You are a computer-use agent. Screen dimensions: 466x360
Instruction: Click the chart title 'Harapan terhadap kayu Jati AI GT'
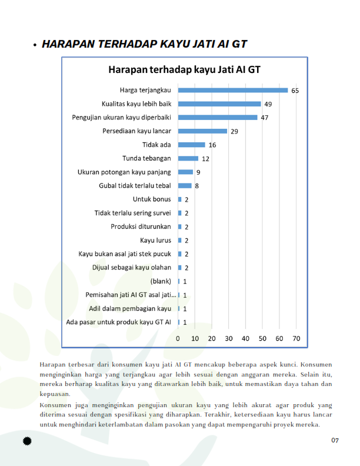184,70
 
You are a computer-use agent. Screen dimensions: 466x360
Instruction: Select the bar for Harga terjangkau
233,91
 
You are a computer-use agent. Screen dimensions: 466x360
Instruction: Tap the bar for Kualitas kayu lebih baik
219,104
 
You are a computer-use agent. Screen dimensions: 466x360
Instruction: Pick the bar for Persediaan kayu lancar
202,131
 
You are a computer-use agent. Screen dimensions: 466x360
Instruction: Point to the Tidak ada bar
192,145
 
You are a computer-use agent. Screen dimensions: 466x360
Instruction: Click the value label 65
295,91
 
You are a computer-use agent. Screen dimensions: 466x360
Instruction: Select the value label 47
265,118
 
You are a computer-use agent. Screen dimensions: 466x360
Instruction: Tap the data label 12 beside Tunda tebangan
205,159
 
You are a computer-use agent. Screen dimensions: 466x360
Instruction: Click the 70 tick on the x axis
296,338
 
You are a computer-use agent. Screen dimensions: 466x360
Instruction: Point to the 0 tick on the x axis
178,338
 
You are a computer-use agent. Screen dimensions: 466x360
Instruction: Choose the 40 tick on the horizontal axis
246,338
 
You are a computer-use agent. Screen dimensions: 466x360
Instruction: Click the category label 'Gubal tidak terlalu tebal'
135,186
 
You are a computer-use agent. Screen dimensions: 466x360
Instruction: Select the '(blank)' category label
161,281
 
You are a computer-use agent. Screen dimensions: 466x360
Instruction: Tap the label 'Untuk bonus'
152,199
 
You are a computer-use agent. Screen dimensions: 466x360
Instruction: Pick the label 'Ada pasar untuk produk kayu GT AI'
118,322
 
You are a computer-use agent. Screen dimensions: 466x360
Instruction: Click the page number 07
335,441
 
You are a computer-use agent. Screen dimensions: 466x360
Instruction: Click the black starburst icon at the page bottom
26,441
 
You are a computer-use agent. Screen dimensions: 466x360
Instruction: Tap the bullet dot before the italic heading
35,45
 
